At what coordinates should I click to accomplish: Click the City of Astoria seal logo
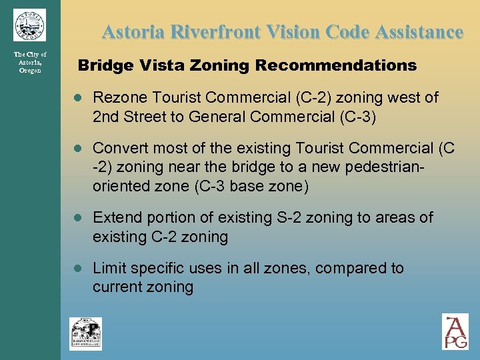point(29,25)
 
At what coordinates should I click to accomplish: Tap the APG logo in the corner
point(455,331)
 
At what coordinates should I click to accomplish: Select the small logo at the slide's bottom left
point(86,333)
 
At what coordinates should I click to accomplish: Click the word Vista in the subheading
point(145,65)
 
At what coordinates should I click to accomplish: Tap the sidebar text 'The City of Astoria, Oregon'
point(30,62)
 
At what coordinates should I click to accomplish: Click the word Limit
point(108,268)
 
